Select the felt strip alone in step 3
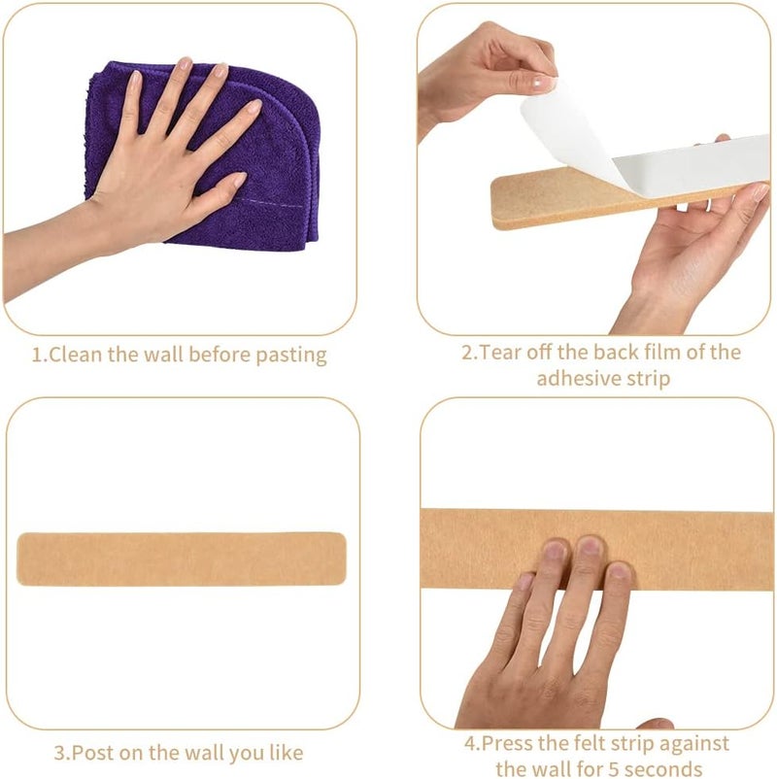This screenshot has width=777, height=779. (x=182, y=559)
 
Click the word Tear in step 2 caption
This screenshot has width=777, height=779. (x=500, y=353)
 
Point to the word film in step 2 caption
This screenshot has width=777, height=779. (x=662, y=353)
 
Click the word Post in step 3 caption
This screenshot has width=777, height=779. (x=93, y=753)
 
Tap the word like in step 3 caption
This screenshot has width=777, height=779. (x=287, y=753)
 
